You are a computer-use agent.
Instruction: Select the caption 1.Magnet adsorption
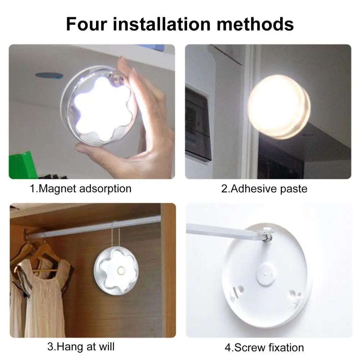coord(81,188)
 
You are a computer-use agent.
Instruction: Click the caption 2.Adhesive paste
coord(264,188)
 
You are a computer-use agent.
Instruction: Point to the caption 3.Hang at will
coord(81,347)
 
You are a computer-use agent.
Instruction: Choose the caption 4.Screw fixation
coord(264,347)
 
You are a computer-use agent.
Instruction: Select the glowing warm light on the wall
coord(279,107)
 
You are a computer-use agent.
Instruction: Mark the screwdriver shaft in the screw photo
coord(223,231)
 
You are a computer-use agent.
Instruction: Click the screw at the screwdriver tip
coord(267,238)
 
